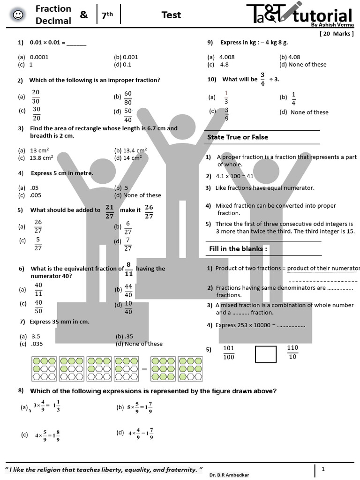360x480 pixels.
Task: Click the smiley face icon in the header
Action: click(18, 15)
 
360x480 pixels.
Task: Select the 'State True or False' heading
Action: click(238, 137)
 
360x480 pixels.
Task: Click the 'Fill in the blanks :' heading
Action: click(238, 248)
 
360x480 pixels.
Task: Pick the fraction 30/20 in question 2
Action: click(37, 113)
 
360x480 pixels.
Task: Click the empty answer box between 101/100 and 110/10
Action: click(266, 354)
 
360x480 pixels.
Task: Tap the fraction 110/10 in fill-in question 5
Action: click(292, 352)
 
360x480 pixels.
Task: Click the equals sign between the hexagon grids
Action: click(144, 369)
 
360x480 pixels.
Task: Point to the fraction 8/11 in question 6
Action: click(128, 269)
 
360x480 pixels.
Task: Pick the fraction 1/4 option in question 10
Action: click(293, 98)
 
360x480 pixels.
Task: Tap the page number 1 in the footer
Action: click(323, 469)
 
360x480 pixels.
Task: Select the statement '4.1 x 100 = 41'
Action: click(234, 176)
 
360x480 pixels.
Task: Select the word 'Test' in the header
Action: click(171, 15)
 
